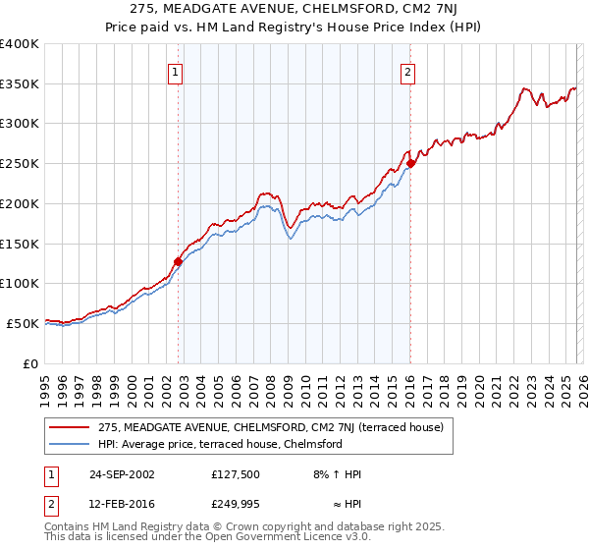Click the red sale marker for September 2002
pos(178,261)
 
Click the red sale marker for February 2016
pos(410,163)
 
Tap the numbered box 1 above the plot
pos(175,71)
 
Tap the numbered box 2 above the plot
pos(406,71)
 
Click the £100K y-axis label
pos(20,283)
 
